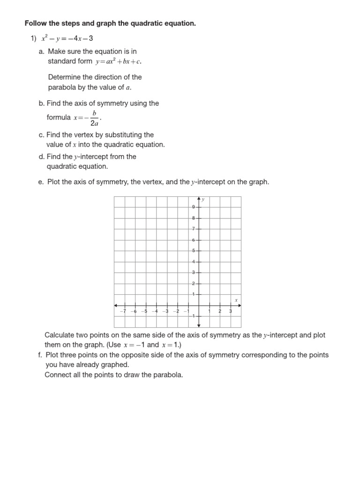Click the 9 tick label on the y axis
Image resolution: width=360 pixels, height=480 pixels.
click(194, 207)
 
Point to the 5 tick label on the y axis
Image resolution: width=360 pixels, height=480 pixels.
click(194, 251)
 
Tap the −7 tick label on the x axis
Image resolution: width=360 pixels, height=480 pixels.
click(123, 311)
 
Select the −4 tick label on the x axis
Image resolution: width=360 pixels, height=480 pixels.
click(155, 311)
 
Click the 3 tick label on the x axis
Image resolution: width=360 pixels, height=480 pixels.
click(230, 311)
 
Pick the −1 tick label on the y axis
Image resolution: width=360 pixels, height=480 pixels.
click(193, 316)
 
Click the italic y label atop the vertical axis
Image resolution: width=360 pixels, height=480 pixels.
click(203, 200)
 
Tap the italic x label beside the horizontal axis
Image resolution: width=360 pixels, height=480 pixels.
click(236, 300)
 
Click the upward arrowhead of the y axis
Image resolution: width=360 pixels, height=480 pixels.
click(199, 198)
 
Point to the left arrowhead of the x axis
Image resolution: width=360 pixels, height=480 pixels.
click(116, 306)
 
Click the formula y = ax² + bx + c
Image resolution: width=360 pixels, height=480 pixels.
click(118, 61)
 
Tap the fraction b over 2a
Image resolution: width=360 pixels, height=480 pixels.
click(94, 119)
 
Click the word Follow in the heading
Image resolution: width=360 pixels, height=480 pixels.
click(35, 23)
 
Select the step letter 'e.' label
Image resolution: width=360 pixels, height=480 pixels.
click(41, 182)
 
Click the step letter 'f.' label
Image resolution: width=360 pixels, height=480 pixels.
click(40, 355)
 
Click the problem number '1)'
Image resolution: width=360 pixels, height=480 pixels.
click(33, 38)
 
